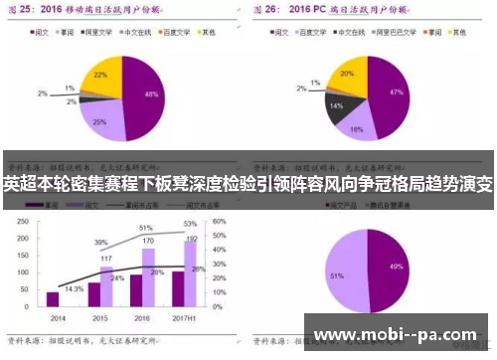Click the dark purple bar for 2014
coord(54,298)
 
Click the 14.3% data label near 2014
coord(74,287)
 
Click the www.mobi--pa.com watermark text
coord(399,335)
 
